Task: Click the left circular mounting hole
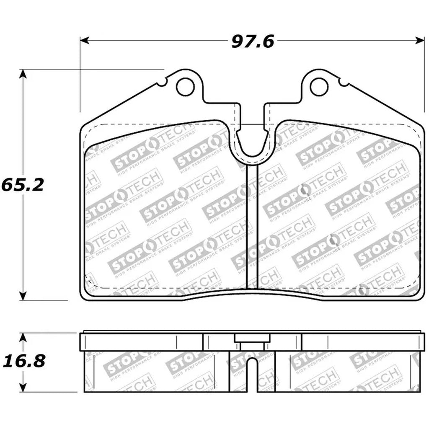coord(185,87)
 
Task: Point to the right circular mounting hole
coord(318,87)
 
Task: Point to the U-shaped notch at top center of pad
coord(251,142)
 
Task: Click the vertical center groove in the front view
coord(251,226)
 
